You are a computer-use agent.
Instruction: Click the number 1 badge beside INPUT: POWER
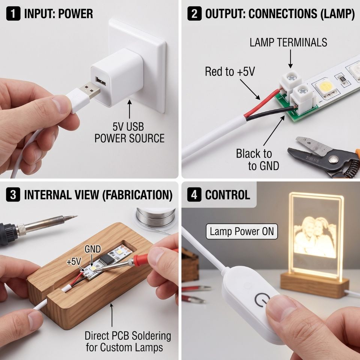[x=13, y=13]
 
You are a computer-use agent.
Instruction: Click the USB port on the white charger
[x=101, y=81]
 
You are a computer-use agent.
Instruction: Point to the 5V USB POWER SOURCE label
[x=129, y=132]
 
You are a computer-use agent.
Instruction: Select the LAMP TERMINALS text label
[x=288, y=42]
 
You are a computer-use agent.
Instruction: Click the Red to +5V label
[x=230, y=71]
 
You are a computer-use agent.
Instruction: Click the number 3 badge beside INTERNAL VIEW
[x=13, y=195]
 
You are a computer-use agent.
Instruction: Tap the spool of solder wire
[x=156, y=217]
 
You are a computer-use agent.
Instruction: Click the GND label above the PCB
[x=93, y=249]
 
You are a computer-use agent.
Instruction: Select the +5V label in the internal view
[x=74, y=261]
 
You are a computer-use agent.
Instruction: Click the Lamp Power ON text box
[x=242, y=231]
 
